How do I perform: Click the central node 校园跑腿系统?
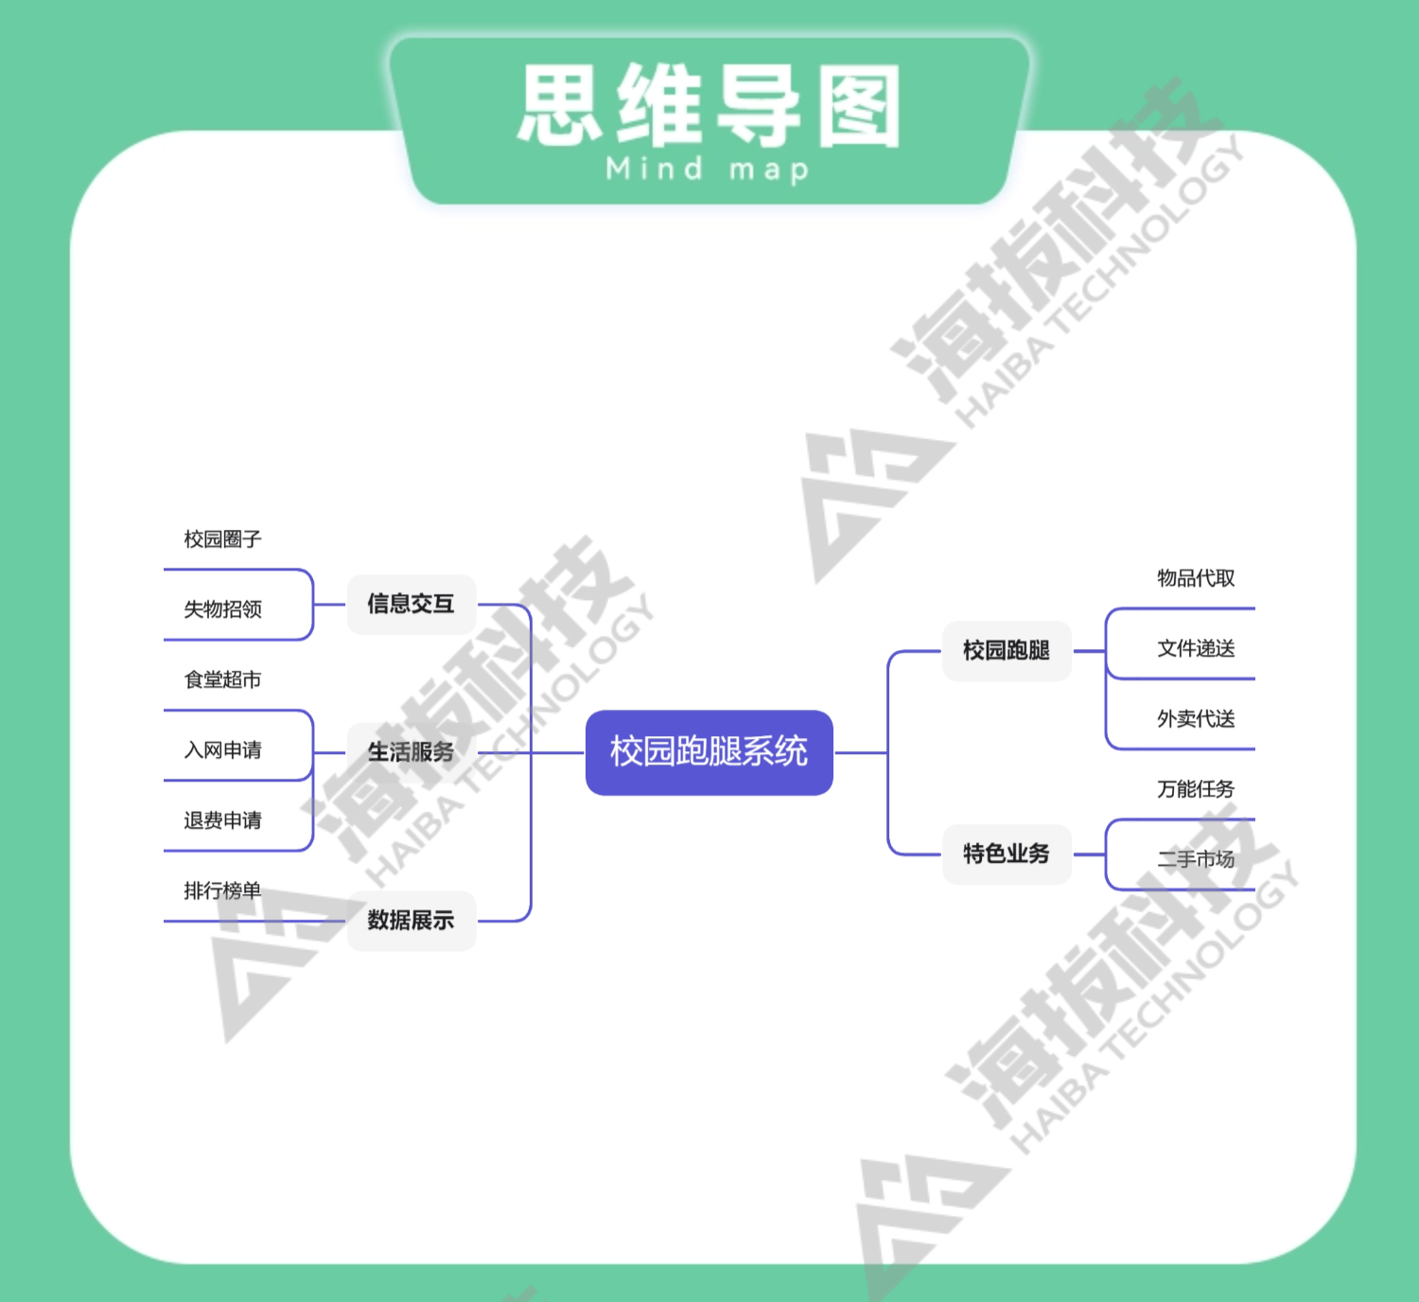709,752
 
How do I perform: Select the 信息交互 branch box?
411,604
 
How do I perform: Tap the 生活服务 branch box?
411,752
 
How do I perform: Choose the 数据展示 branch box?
411,920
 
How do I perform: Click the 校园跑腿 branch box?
1007,651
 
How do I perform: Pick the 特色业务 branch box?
1007,853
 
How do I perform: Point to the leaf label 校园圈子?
222,539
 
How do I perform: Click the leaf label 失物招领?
222,609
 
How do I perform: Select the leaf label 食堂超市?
222,679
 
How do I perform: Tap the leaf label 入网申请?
222,750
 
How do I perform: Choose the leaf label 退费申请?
222,820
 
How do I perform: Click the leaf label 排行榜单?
222,890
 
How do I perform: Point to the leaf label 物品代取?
1196,578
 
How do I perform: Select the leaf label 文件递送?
1196,648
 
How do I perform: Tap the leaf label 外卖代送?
1196,719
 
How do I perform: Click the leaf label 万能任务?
1196,789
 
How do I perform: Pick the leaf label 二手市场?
1196,859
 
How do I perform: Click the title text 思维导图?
709,106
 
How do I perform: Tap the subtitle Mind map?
708,170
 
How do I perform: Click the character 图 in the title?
859,106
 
